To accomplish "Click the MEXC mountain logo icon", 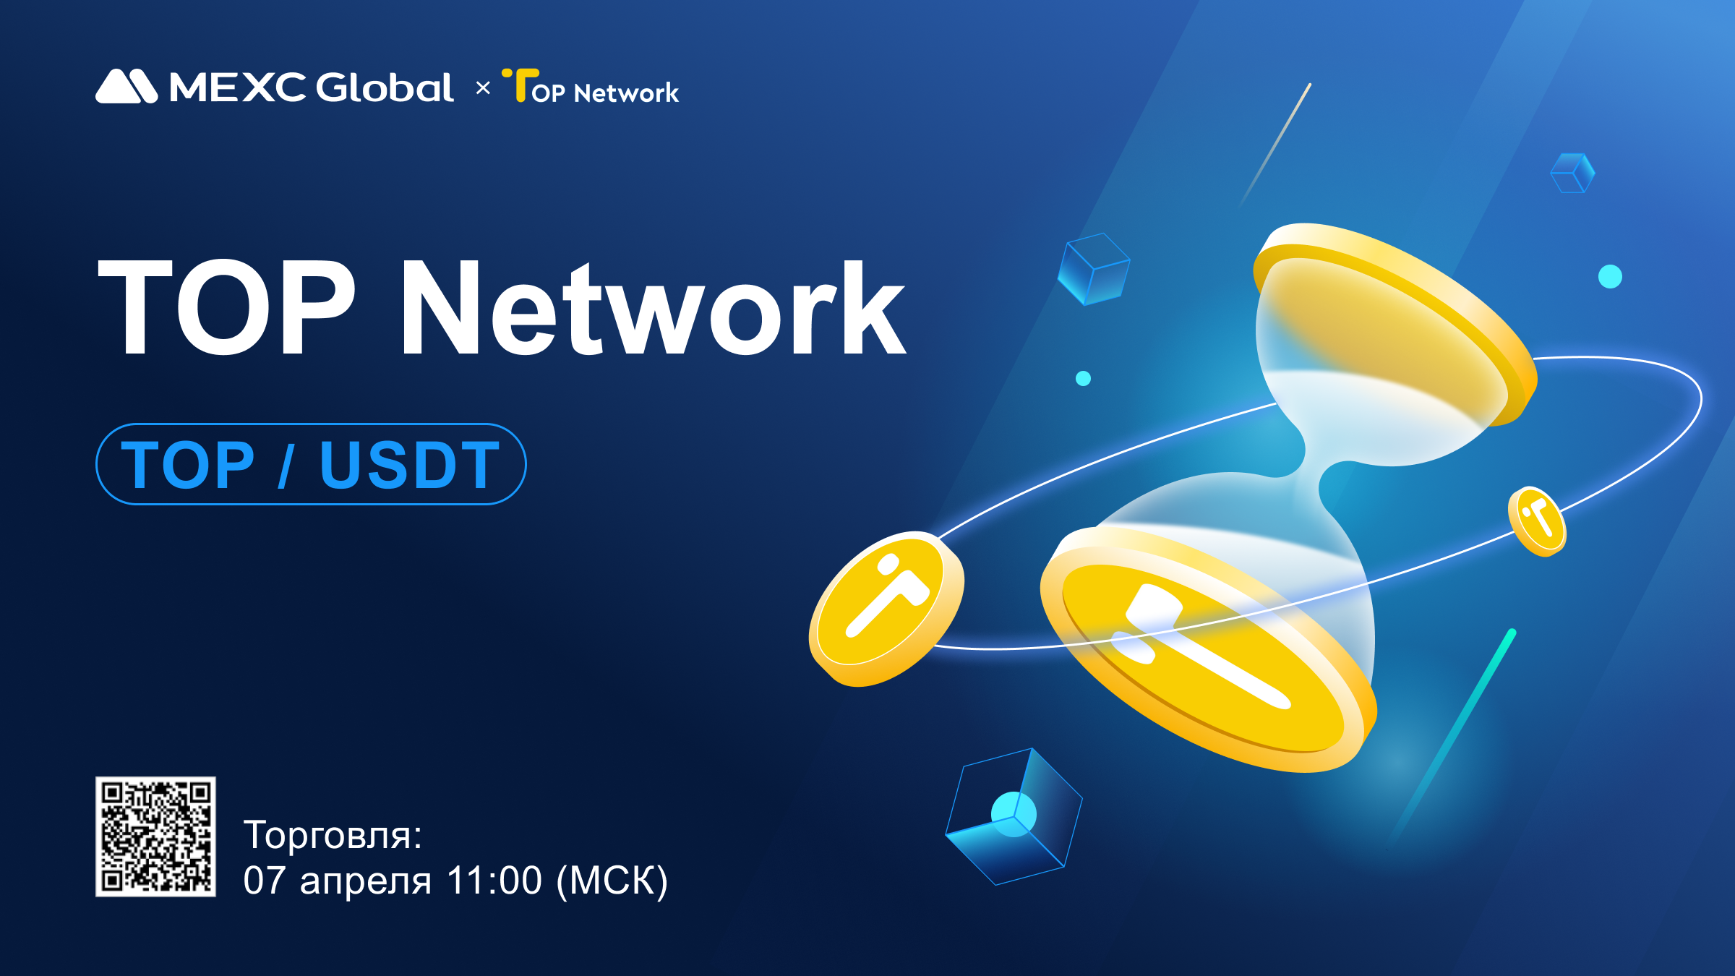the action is coord(127,86).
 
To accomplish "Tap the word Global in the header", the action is coord(385,87).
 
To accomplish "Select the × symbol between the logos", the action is coord(483,88).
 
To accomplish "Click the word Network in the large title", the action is coord(653,308).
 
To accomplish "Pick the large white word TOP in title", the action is coord(227,307).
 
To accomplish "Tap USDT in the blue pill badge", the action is coord(409,464).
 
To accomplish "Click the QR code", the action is coord(155,836).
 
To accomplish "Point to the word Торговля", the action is coord(333,835).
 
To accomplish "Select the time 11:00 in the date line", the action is coord(494,881).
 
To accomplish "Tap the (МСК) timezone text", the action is coord(612,881).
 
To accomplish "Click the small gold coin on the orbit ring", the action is coord(1537,521).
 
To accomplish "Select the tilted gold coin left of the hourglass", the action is coord(886,609).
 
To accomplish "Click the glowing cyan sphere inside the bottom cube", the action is coord(1014,814).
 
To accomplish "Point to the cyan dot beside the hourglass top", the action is coord(1610,276).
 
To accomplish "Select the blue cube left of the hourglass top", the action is coord(1093,269).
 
